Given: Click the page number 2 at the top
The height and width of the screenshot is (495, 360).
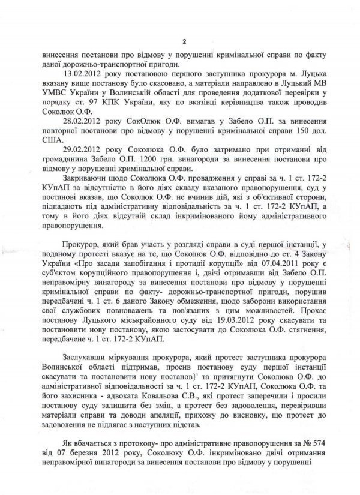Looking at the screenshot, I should coord(185,41).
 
